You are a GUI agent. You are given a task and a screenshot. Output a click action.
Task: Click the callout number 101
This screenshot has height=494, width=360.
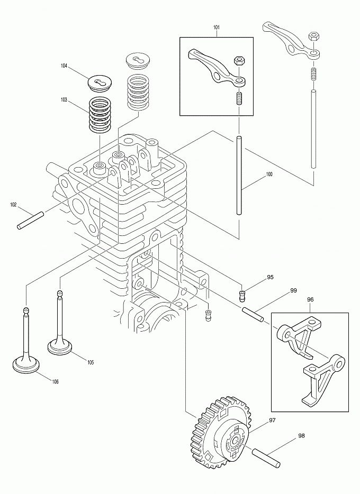[217, 26]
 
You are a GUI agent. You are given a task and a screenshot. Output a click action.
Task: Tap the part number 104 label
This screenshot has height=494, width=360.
[64, 66]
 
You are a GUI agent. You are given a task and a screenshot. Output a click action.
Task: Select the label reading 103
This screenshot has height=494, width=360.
[64, 99]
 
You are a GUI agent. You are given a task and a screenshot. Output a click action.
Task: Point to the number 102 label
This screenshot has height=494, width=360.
[14, 204]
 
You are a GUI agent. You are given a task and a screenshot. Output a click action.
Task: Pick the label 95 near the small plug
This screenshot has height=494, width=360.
[270, 277]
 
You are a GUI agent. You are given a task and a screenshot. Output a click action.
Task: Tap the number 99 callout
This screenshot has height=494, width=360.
[293, 291]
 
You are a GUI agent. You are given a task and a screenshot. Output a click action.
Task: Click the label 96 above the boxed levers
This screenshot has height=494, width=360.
[310, 299]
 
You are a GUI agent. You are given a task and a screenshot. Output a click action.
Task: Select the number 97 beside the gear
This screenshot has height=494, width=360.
[273, 420]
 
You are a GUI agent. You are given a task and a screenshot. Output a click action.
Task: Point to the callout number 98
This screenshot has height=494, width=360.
[301, 436]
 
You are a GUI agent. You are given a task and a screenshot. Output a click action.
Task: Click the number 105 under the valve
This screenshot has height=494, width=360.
[90, 362]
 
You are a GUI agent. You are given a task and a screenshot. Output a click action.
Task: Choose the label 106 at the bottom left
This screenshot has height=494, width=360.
[55, 382]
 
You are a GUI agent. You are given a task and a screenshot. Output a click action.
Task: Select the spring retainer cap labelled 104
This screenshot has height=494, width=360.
[101, 83]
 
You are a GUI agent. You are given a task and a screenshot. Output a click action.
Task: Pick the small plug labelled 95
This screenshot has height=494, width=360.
[244, 295]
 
